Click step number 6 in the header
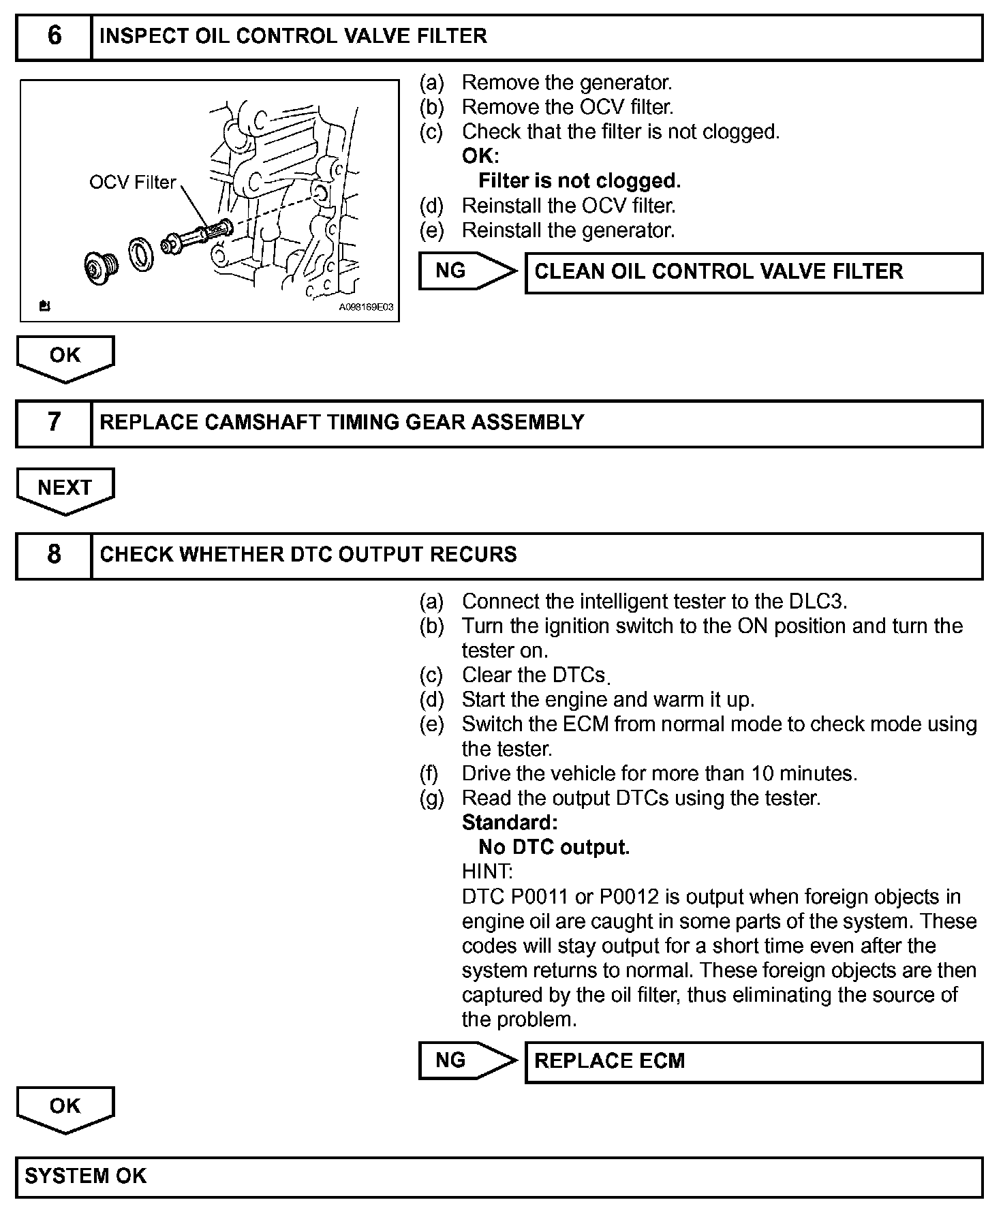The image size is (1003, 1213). coord(54,36)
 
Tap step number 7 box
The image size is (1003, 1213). coord(54,423)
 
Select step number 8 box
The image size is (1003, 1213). coord(54,555)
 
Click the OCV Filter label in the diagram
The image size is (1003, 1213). coord(132,183)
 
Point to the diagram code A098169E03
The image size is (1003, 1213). coord(366,307)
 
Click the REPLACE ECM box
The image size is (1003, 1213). coord(753,1061)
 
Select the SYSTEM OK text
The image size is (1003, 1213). coord(86,1176)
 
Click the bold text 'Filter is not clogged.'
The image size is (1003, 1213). coord(579,181)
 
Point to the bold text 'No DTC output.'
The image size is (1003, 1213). coord(554,847)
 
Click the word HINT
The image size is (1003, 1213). coord(487,872)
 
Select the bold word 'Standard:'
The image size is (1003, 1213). coord(510,823)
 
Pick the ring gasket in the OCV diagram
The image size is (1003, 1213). coord(142,253)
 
